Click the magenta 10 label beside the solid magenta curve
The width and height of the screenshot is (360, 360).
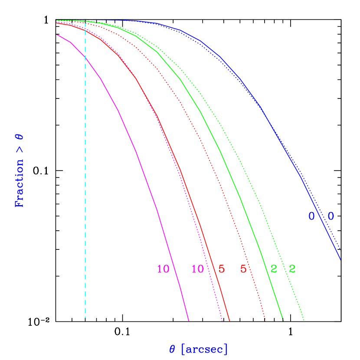pos(163,269)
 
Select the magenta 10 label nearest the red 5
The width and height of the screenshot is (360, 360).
pos(198,269)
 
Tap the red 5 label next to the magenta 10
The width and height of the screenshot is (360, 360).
pos(222,269)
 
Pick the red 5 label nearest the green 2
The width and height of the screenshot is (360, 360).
pos(243,269)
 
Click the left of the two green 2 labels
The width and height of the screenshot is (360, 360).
pos(274,269)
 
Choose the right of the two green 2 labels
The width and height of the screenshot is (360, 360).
pos(292,269)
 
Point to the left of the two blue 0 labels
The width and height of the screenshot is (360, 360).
pos(311,216)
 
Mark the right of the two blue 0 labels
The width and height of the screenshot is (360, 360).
pos(331,216)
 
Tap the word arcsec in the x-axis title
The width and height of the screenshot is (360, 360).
pos(204,349)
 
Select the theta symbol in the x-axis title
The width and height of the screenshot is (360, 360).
pos(173,349)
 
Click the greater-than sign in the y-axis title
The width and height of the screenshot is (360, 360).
pos(20,150)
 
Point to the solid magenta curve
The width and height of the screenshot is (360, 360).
pos(136,152)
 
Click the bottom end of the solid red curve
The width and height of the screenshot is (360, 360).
pos(229,320)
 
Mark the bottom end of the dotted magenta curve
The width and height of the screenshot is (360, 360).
pos(222,320)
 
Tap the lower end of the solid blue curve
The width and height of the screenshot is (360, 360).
pos(340,259)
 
